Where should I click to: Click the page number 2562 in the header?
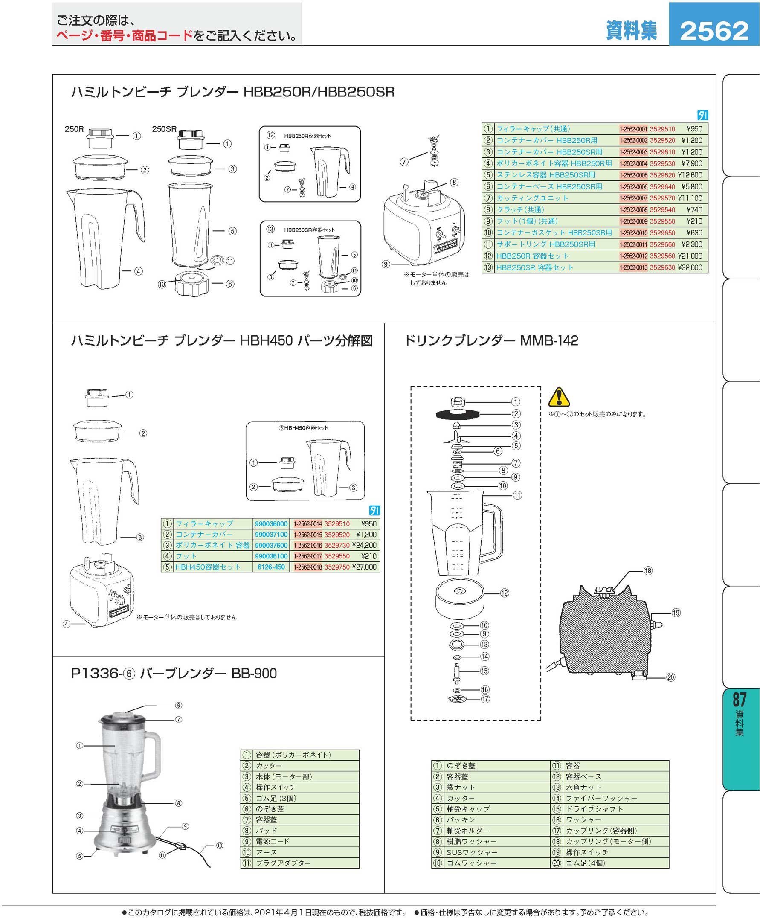(714, 31)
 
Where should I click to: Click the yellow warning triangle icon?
(559, 397)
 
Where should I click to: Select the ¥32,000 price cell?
(690, 267)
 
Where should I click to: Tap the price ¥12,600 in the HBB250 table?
(690, 175)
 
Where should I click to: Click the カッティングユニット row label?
(532, 198)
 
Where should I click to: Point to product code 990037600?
(271, 546)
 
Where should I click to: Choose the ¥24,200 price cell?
(364, 546)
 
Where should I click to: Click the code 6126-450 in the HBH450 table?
(271, 567)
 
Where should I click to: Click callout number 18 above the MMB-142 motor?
(648, 571)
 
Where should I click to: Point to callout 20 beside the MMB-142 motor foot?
(671, 677)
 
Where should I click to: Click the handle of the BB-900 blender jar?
(153, 755)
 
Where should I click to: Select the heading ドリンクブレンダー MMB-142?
(491, 341)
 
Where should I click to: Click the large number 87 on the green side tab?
(740, 699)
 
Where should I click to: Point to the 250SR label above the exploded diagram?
(164, 129)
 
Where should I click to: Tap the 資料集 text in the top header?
(631, 31)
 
